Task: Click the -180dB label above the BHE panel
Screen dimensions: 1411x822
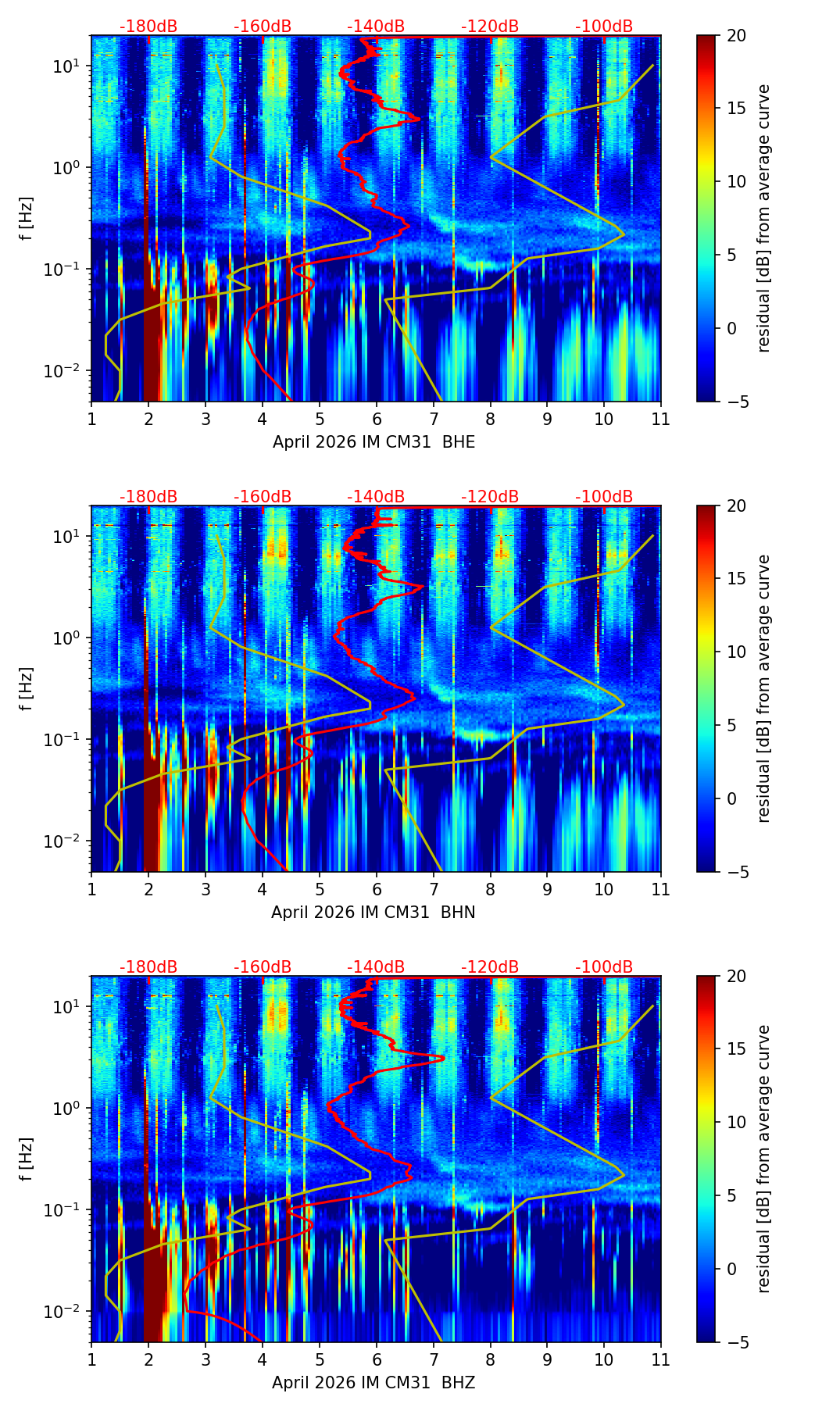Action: click(x=148, y=27)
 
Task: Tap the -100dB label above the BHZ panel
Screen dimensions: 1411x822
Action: click(x=604, y=967)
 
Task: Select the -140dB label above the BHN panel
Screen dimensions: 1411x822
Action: click(x=376, y=497)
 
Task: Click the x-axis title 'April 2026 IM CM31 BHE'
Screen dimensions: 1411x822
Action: click(x=373, y=442)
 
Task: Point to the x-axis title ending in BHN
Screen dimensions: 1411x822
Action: click(x=373, y=913)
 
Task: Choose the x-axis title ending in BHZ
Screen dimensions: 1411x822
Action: click(x=373, y=1383)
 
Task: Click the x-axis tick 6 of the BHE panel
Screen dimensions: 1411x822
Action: click(x=377, y=419)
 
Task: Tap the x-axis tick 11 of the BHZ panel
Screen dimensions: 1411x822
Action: click(x=660, y=1359)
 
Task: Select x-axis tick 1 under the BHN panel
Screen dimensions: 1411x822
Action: click(x=91, y=889)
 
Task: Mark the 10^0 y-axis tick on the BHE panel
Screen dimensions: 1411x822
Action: click(x=68, y=168)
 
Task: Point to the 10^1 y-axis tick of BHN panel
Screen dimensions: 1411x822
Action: click(x=68, y=537)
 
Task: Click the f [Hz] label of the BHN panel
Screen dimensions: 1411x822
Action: click(x=27, y=688)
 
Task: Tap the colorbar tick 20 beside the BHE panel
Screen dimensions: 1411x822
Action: click(x=736, y=36)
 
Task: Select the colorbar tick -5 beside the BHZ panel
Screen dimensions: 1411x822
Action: click(x=736, y=1342)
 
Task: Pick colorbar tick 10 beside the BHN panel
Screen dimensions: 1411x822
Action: click(x=736, y=652)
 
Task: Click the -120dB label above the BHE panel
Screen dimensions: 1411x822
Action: click(x=490, y=27)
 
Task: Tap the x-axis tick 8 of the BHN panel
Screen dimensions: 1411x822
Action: click(x=491, y=889)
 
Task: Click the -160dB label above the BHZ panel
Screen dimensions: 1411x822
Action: click(x=263, y=967)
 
